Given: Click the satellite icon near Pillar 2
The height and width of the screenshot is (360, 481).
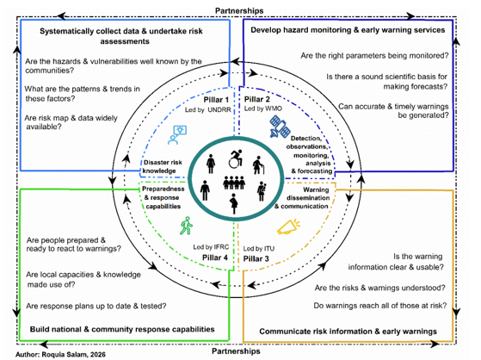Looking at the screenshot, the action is point(280,127).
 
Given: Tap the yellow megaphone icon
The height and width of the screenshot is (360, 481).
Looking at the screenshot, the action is point(288,227).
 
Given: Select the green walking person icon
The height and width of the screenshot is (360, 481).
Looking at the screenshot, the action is point(186,226).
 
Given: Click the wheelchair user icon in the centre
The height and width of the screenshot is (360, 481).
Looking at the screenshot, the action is point(236,158).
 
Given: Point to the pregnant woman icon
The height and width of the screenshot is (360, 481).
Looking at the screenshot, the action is point(234,203).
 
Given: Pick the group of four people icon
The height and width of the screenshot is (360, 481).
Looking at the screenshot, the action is point(234,182).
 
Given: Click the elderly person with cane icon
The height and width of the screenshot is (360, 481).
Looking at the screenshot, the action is point(258,165).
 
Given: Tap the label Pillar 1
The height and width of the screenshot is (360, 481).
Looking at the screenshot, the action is point(216,100).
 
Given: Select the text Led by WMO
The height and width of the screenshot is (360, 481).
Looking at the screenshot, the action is point(263,109).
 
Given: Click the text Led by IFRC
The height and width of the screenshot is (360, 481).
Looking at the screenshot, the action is point(211,247).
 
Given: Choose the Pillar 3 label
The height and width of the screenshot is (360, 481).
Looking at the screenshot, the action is point(256,258).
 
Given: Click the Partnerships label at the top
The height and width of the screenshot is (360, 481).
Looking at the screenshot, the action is point(239,10).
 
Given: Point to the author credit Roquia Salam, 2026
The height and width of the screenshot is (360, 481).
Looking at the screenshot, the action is point(60,355).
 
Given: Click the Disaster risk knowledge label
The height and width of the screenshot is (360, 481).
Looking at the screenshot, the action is point(163,166).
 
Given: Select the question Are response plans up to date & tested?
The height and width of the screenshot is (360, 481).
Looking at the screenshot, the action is point(96,306).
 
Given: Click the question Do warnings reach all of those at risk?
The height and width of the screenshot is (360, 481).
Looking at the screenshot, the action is point(380,306).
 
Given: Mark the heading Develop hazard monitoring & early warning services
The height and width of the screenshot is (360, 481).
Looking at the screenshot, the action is point(348,30).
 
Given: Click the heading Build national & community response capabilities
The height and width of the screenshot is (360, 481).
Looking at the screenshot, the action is point(122,329).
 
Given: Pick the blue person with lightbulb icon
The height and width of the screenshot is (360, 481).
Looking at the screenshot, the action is point(177,134).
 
